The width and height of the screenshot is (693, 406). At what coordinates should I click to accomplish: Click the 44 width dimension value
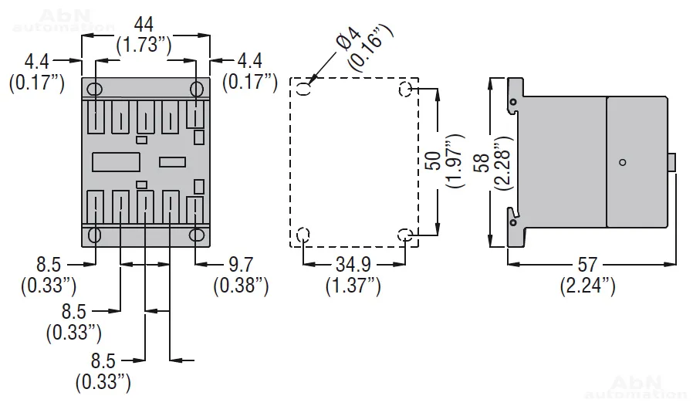pos(144,25)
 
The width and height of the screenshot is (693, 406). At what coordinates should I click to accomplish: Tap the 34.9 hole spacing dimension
pos(353,265)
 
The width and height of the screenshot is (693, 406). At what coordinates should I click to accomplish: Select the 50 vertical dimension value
pos(434,160)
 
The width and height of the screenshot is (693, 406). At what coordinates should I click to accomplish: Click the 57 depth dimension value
pos(587,265)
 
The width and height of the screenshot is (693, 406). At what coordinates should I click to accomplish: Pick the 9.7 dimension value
pos(241,265)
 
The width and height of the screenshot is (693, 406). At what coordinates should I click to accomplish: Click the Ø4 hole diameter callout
pos(349,38)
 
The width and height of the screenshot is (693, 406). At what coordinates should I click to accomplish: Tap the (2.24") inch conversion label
pos(587,286)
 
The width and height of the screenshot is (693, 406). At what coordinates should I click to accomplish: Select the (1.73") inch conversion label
pos(144,45)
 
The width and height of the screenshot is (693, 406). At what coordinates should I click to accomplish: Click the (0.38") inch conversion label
pos(241,286)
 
